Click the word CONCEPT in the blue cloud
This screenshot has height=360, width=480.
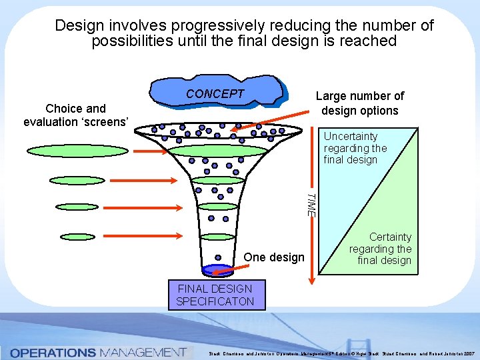(215, 94)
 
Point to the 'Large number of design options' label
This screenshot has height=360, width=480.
(359, 103)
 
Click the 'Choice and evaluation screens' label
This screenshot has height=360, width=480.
(75, 115)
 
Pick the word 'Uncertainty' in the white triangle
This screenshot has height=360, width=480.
(350, 136)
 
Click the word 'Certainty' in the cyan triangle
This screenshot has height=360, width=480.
(391, 237)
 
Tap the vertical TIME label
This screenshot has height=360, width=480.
(310, 204)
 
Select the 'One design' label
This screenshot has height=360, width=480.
(273, 257)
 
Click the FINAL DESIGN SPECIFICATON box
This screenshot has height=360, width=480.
(215, 295)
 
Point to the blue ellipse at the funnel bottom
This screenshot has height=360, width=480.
(218, 270)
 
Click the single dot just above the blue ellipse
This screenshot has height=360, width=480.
(218, 257)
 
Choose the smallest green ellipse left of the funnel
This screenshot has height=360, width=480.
(77, 236)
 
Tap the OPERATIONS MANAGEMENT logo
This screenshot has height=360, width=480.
(98, 351)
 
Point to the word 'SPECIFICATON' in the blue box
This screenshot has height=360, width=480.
(215, 301)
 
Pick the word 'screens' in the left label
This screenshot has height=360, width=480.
(110, 121)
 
